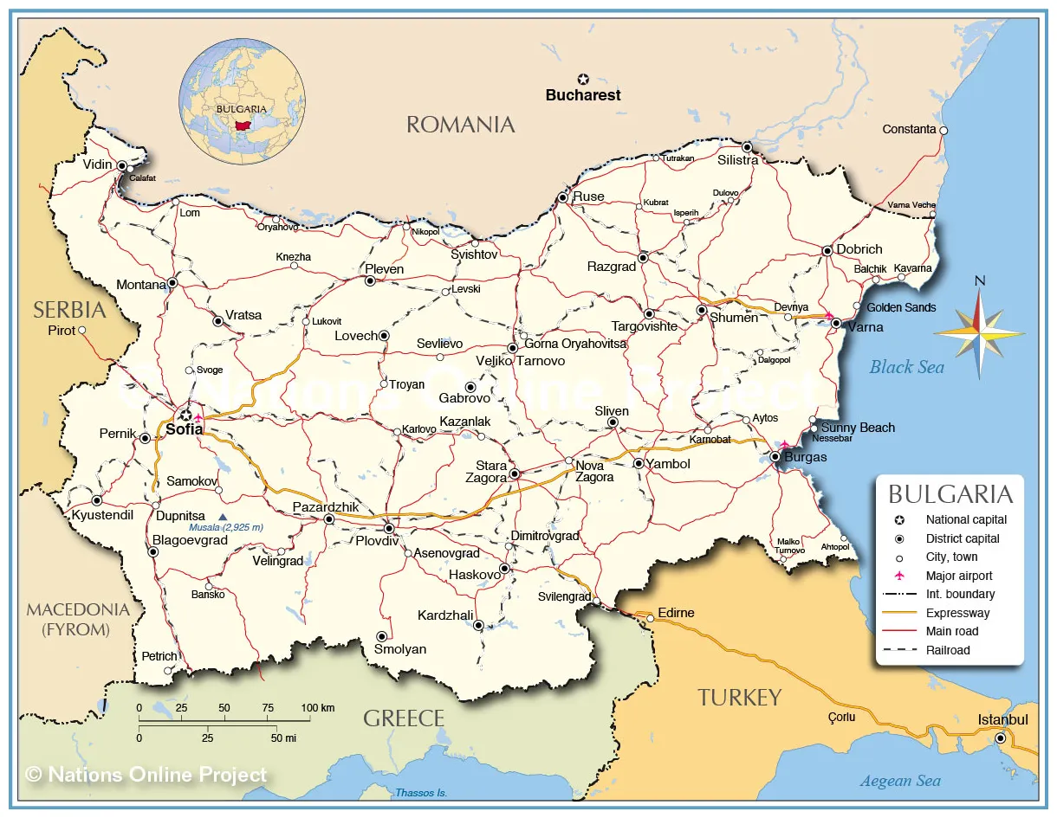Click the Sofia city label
point(184,428)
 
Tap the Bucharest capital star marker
point(583,79)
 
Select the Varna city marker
point(836,323)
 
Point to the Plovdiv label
point(377,541)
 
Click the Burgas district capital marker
point(775,456)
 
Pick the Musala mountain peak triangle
point(222,517)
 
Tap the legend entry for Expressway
point(957,613)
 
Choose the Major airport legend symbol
point(899,576)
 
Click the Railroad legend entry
point(948,650)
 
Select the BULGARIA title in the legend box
point(950,494)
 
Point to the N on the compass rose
point(979,280)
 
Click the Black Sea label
point(906,367)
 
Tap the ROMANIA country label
point(460,125)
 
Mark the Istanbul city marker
point(1000,738)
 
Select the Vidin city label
point(97,164)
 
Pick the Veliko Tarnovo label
point(520,361)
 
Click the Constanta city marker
point(944,130)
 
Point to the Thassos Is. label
point(420,793)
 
